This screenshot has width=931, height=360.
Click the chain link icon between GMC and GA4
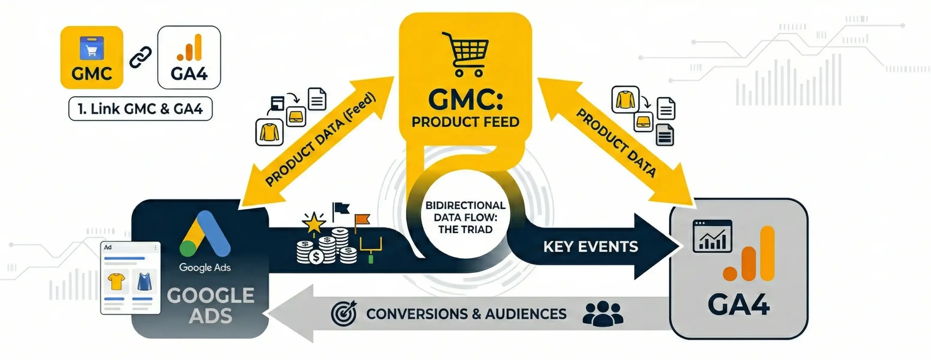tap(141, 57)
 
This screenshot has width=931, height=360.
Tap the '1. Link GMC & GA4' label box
tap(140, 109)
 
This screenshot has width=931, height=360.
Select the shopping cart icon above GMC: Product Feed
tap(465, 55)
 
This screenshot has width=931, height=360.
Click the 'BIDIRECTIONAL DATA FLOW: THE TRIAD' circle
tap(465, 217)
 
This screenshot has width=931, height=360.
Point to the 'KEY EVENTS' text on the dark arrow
tap(591, 247)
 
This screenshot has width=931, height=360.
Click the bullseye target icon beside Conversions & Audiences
tap(343, 313)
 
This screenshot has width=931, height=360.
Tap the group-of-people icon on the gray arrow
tap(603, 313)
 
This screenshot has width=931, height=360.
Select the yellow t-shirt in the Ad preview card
tap(116, 281)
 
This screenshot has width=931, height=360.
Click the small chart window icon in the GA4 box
tap(712, 236)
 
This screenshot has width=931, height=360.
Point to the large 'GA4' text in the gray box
tap(738, 305)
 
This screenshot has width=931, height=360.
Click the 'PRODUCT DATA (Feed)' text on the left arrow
tap(320, 140)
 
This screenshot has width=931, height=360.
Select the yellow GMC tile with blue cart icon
tap(92, 57)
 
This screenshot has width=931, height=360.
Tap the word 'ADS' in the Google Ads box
tap(211, 316)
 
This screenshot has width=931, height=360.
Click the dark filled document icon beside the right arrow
tap(665, 135)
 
